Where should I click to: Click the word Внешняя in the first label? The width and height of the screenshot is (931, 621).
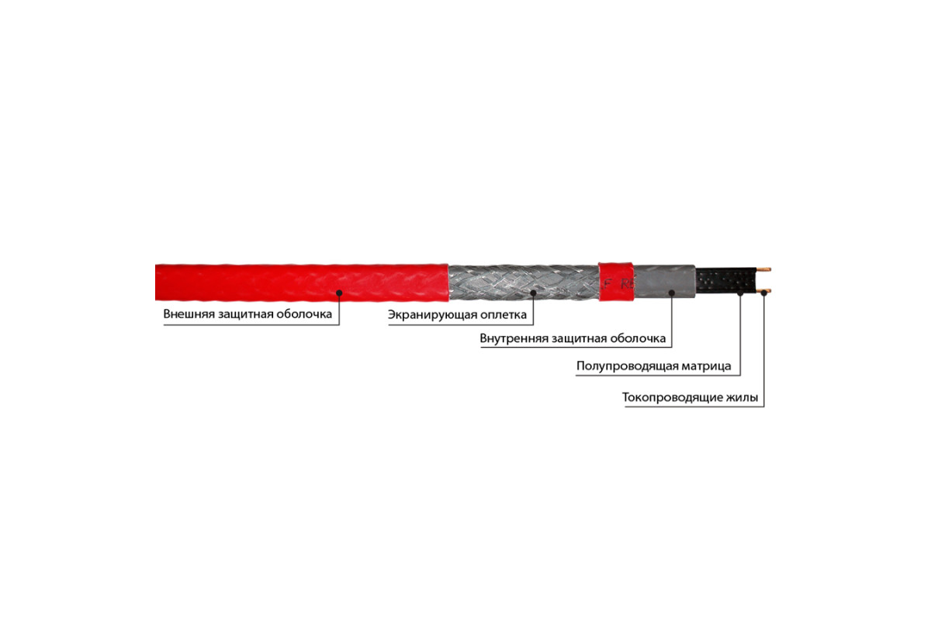click(x=189, y=314)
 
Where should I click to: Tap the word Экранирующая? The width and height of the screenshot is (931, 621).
click(x=432, y=315)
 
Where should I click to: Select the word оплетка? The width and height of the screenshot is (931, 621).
click(x=504, y=315)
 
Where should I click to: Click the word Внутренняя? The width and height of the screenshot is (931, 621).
click(x=514, y=338)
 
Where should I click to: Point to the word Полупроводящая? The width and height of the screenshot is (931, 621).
click(x=626, y=366)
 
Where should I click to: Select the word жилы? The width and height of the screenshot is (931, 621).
click(x=742, y=397)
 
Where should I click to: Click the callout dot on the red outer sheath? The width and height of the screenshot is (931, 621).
click(x=339, y=293)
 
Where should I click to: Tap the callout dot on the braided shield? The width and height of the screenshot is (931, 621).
click(x=533, y=293)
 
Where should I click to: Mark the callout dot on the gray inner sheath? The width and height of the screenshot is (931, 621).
click(x=672, y=293)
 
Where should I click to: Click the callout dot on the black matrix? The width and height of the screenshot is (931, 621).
click(x=740, y=293)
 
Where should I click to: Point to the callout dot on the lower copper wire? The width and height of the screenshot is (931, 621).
click(x=764, y=293)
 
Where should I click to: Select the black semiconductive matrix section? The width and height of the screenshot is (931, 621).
click(x=726, y=280)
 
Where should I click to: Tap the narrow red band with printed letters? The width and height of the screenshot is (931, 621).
click(x=616, y=282)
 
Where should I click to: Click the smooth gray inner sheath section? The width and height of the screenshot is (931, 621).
click(x=664, y=281)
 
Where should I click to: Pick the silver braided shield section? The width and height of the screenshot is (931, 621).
click(x=524, y=282)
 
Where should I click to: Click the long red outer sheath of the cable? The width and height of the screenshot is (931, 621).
click(x=302, y=283)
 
